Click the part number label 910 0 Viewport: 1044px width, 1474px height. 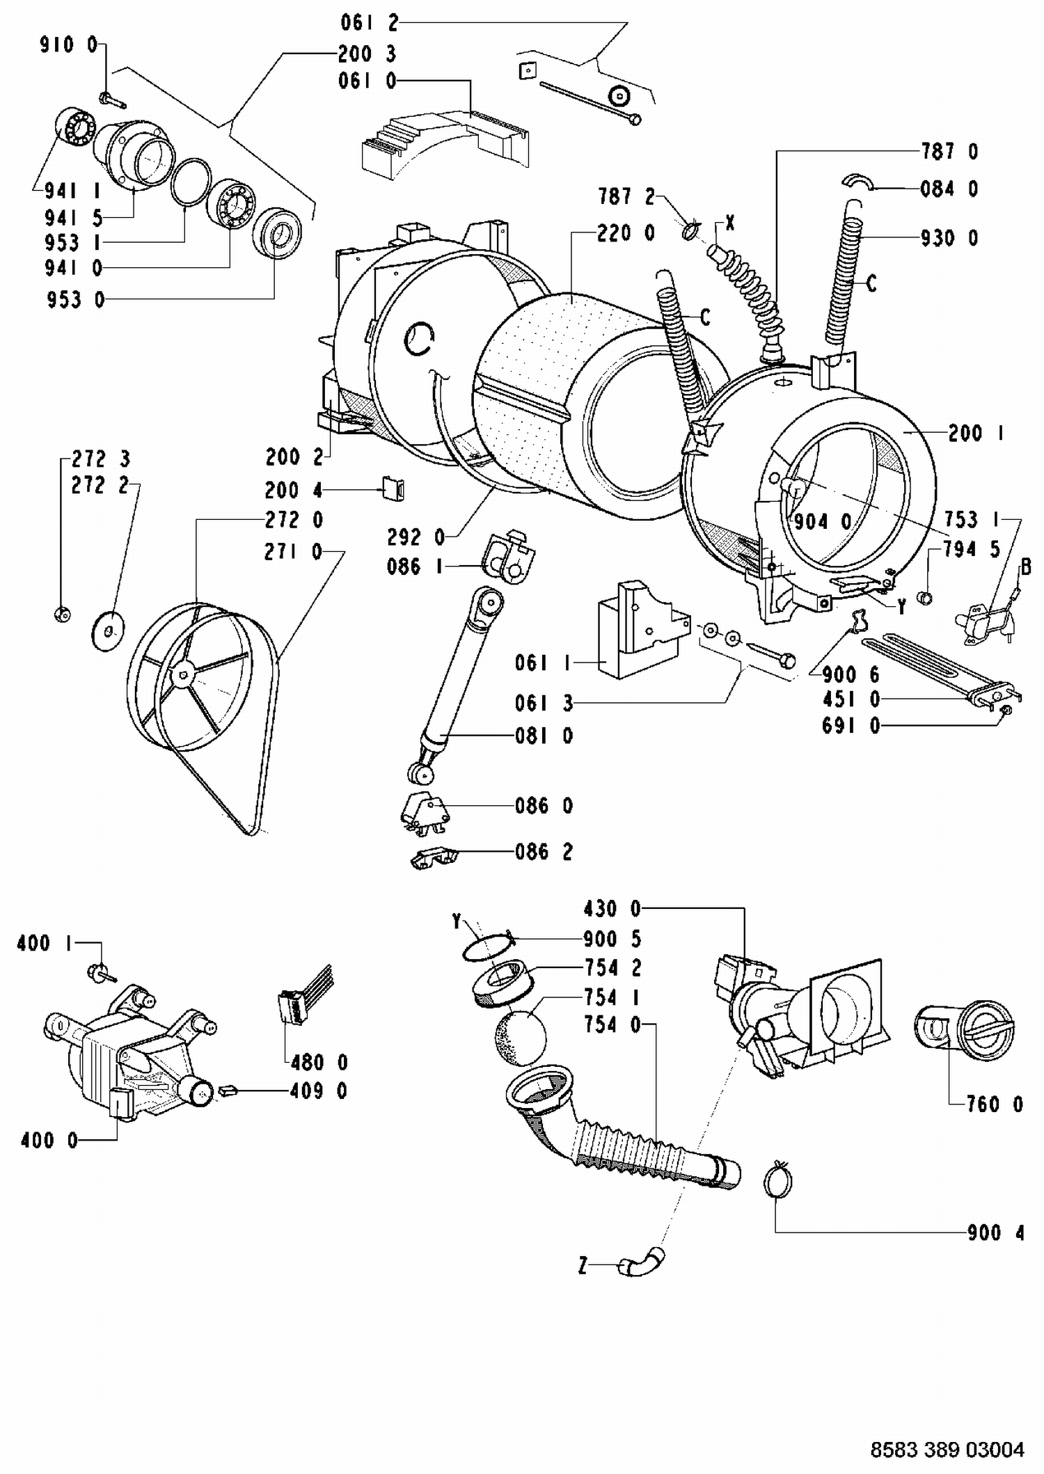69,45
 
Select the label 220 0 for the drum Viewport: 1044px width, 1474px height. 625,233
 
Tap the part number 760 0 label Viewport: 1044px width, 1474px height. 995,1104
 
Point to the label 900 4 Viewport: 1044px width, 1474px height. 995,1233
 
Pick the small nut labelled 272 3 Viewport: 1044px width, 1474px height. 62,613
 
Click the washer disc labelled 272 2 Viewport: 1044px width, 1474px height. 108,631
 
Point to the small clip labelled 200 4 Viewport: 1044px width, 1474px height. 394,489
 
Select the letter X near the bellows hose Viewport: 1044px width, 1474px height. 729,223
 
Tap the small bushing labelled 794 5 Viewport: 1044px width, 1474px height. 926,596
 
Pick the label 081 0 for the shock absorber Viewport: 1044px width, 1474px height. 544,736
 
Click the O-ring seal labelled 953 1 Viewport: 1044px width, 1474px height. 191,182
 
